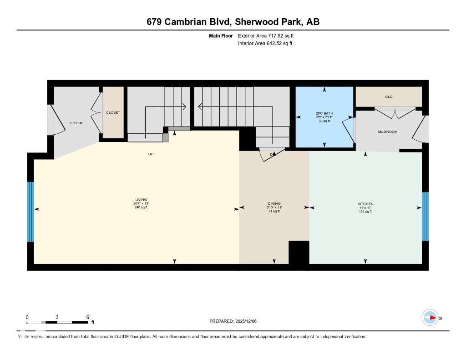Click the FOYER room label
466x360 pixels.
76,123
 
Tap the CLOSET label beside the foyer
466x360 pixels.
113,112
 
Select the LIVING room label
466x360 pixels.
141,199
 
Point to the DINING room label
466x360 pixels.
274,203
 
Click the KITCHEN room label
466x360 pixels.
365,203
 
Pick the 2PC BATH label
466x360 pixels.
324,113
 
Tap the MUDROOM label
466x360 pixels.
388,132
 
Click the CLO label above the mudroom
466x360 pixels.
389,96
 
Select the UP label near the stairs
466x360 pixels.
151,154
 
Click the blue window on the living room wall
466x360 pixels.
30,212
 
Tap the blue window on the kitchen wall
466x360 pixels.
425,216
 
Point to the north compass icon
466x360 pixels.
431,318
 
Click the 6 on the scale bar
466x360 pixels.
87,317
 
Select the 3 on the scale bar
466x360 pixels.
57,317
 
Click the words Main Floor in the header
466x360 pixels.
220,35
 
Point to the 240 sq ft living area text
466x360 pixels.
141,208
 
